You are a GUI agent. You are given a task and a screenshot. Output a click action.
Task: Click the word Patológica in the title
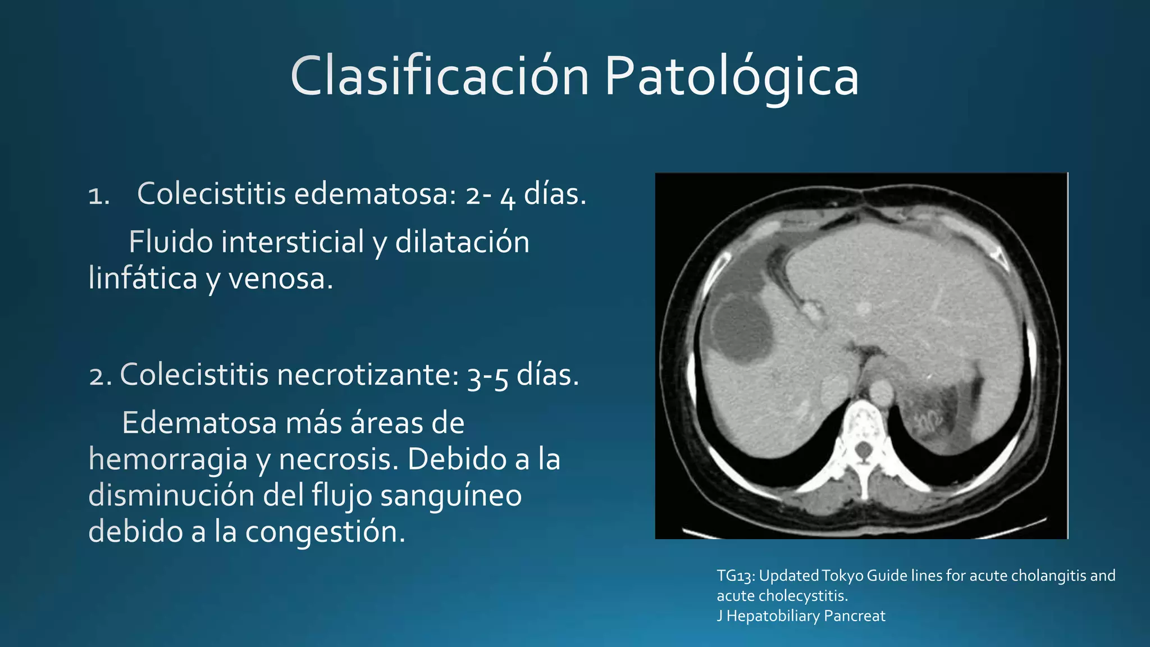(x=731, y=78)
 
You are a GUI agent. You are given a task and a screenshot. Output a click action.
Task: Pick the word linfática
(x=143, y=279)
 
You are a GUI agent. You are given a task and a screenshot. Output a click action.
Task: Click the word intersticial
(x=292, y=243)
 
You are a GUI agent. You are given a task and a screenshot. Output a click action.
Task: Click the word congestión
(x=325, y=532)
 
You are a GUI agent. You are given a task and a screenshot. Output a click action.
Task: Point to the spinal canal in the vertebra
(x=864, y=449)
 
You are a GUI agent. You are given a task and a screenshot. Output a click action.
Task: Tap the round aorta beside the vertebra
(x=880, y=391)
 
